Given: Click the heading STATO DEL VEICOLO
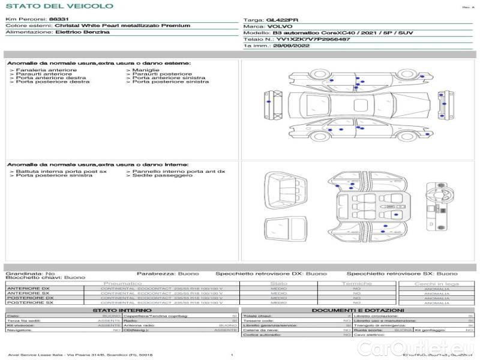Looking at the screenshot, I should click(x=59, y=6).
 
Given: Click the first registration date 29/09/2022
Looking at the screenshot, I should click(x=291, y=46).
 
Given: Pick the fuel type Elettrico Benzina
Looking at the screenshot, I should click(x=82, y=32).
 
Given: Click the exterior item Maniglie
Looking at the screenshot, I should click(x=142, y=70).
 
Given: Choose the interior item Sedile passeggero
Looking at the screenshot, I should click(x=154, y=176).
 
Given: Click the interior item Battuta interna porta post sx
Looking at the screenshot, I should click(x=61, y=172).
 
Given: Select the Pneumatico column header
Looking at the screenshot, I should click(x=123, y=283).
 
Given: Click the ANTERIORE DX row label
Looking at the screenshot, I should click(x=28, y=289).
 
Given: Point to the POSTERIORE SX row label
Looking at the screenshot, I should click(x=29, y=303).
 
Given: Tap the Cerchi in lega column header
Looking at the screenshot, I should click(x=436, y=283).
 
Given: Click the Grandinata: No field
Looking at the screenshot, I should click(x=30, y=274).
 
